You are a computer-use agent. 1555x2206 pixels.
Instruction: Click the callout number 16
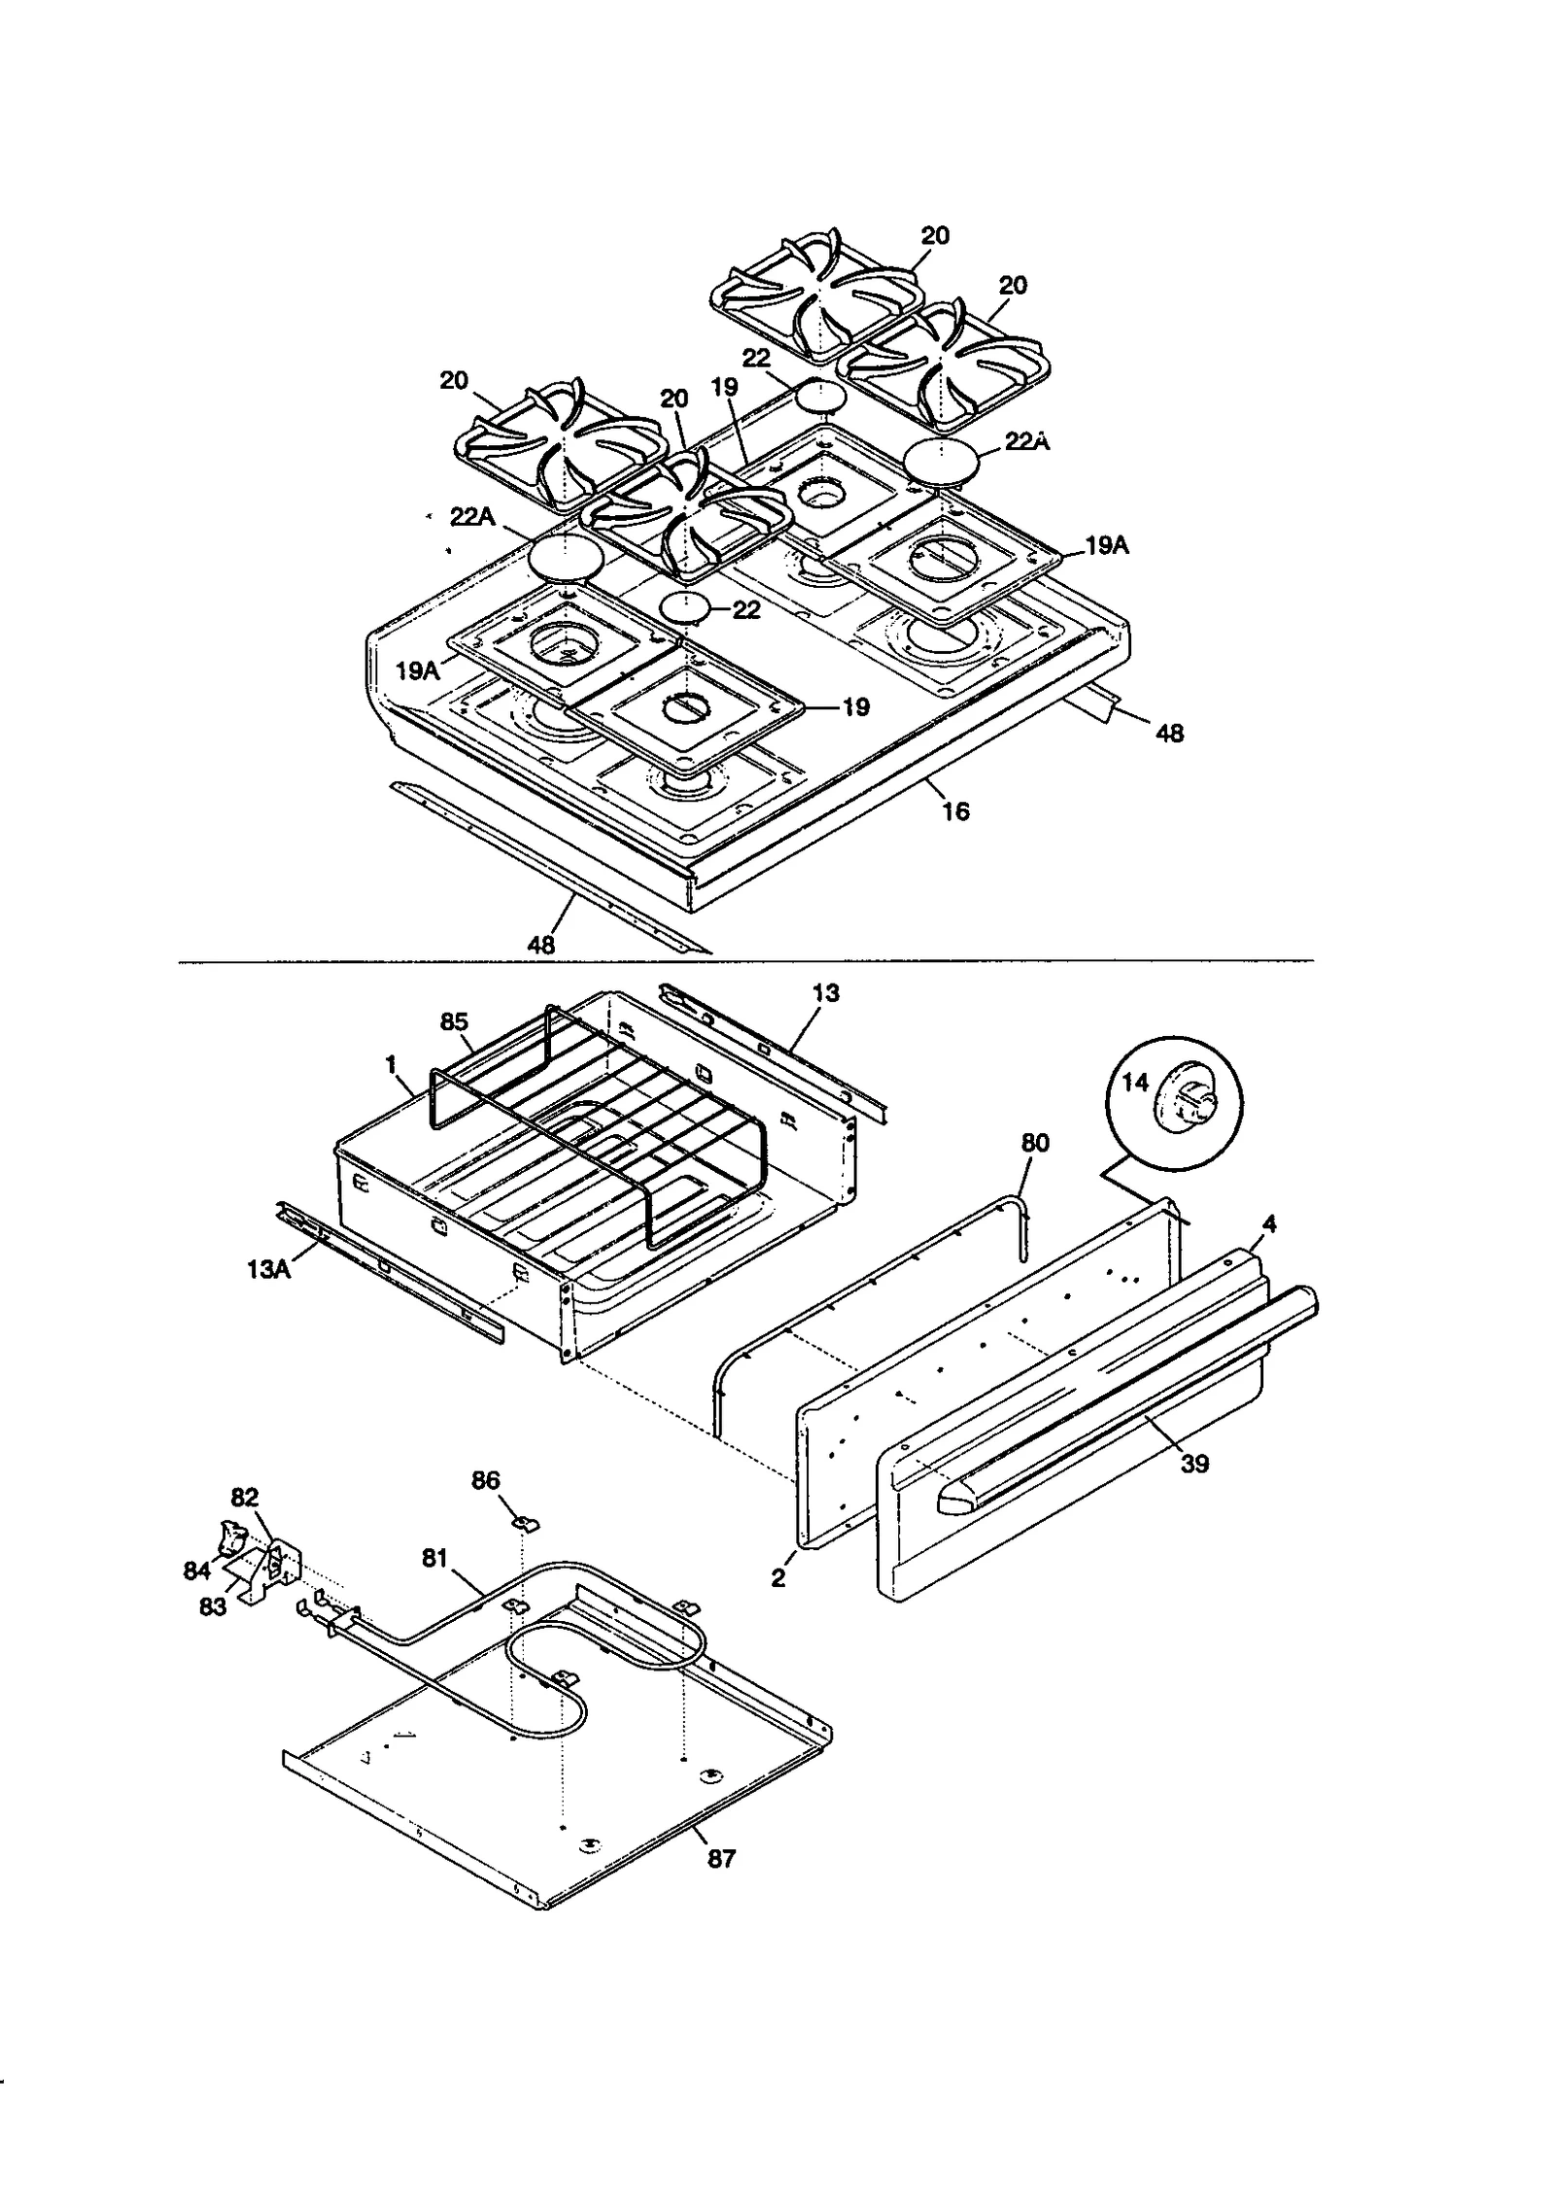click(x=956, y=810)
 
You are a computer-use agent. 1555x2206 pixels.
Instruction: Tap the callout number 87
click(x=721, y=1858)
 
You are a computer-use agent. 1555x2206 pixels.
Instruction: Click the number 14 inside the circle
click(x=1135, y=1083)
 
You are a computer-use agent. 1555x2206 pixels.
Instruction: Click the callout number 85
click(x=454, y=1022)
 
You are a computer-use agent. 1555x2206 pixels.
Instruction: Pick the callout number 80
click(x=1036, y=1143)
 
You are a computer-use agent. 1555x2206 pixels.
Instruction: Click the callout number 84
click(x=197, y=1570)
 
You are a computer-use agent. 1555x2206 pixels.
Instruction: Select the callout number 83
click(x=212, y=1607)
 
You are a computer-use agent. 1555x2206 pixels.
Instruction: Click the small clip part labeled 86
click(x=526, y=1522)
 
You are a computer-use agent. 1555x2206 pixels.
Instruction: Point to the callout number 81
click(x=434, y=1558)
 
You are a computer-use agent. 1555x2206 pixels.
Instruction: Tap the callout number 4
click(x=1268, y=1224)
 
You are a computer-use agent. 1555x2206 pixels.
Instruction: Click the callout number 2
click(x=777, y=1579)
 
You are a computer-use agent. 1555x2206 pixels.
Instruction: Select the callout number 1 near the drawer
click(x=391, y=1065)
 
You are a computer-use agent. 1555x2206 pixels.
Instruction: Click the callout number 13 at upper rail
click(x=826, y=993)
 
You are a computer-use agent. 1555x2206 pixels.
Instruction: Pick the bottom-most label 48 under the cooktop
click(x=540, y=944)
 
